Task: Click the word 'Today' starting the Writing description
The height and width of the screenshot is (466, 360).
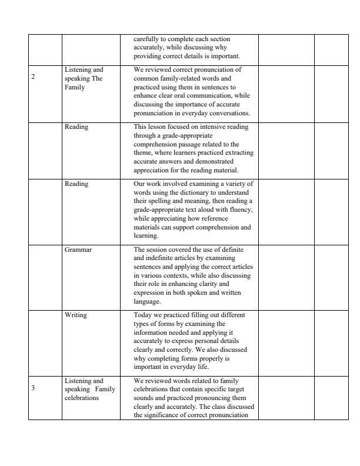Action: coord(142,315)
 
